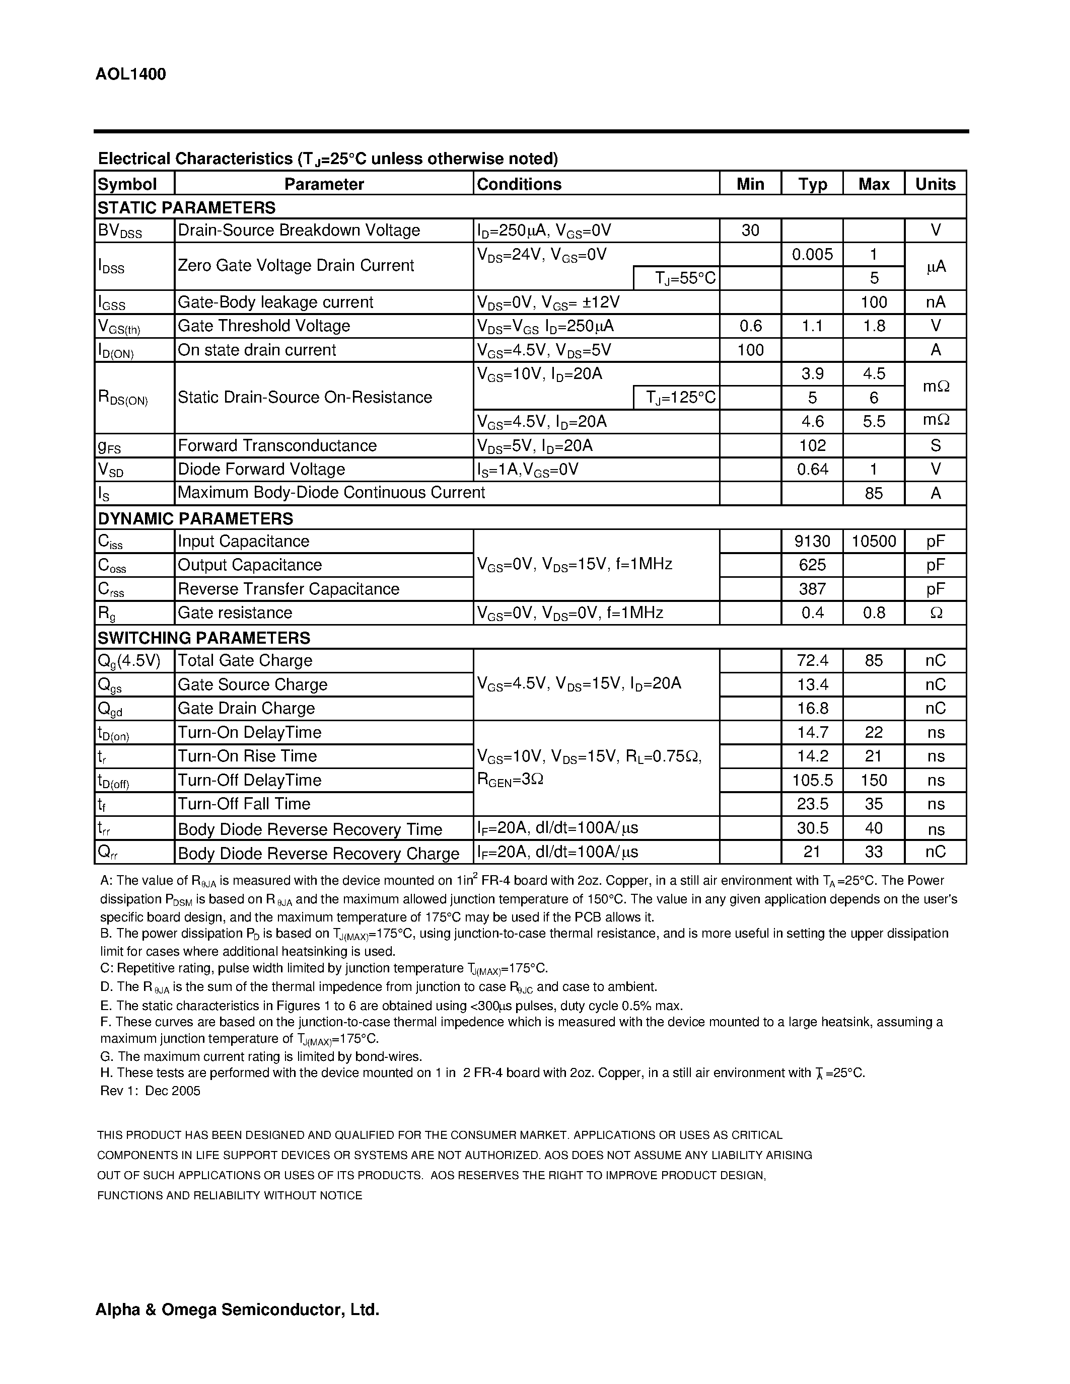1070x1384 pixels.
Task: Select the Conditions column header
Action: pos(519,184)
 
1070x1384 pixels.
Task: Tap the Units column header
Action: pos(935,184)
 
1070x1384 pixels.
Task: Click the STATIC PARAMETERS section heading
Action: pos(186,208)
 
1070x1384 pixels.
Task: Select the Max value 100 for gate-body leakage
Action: pos(874,302)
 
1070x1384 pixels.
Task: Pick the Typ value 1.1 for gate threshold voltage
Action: pos(812,326)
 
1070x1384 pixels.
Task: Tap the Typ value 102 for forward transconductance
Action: pos(812,445)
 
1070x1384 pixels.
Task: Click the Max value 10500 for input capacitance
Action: pos(874,541)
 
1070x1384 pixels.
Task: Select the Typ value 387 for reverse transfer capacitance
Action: pos(812,589)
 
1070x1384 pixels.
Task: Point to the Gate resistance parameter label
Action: pos(235,613)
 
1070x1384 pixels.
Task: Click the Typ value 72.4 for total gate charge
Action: pos(812,660)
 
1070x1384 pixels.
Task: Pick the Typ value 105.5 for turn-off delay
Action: pos(812,780)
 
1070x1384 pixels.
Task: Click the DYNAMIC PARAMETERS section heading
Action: pos(195,518)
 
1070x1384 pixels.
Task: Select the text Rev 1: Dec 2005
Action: pos(150,1091)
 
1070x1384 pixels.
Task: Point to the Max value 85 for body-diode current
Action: pos(874,493)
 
